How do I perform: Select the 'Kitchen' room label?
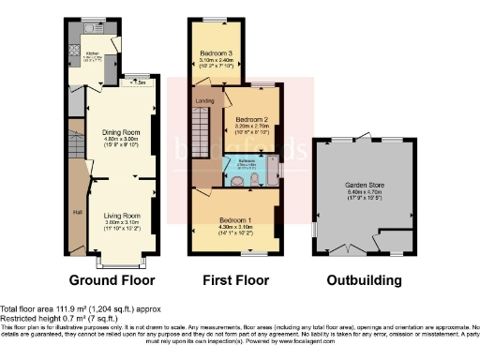(x=93, y=53)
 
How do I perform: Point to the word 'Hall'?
(x=77, y=210)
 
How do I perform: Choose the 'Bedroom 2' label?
(x=252, y=120)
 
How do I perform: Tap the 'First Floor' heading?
(x=235, y=279)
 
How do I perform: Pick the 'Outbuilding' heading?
(x=362, y=279)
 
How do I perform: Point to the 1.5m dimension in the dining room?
(x=141, y=82)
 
